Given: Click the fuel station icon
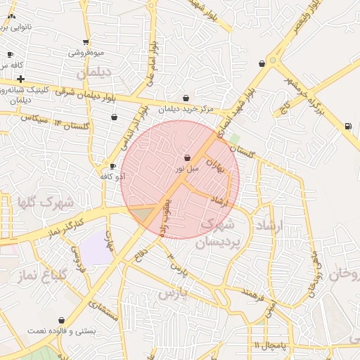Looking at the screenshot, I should (x=347, y=127).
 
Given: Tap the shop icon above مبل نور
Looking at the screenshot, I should (x=187, y=158).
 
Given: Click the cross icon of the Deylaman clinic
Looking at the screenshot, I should (x=21, y=79).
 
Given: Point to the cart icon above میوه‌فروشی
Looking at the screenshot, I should (x=86, y=42).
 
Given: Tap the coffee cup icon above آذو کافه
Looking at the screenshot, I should (x=113, y=167).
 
